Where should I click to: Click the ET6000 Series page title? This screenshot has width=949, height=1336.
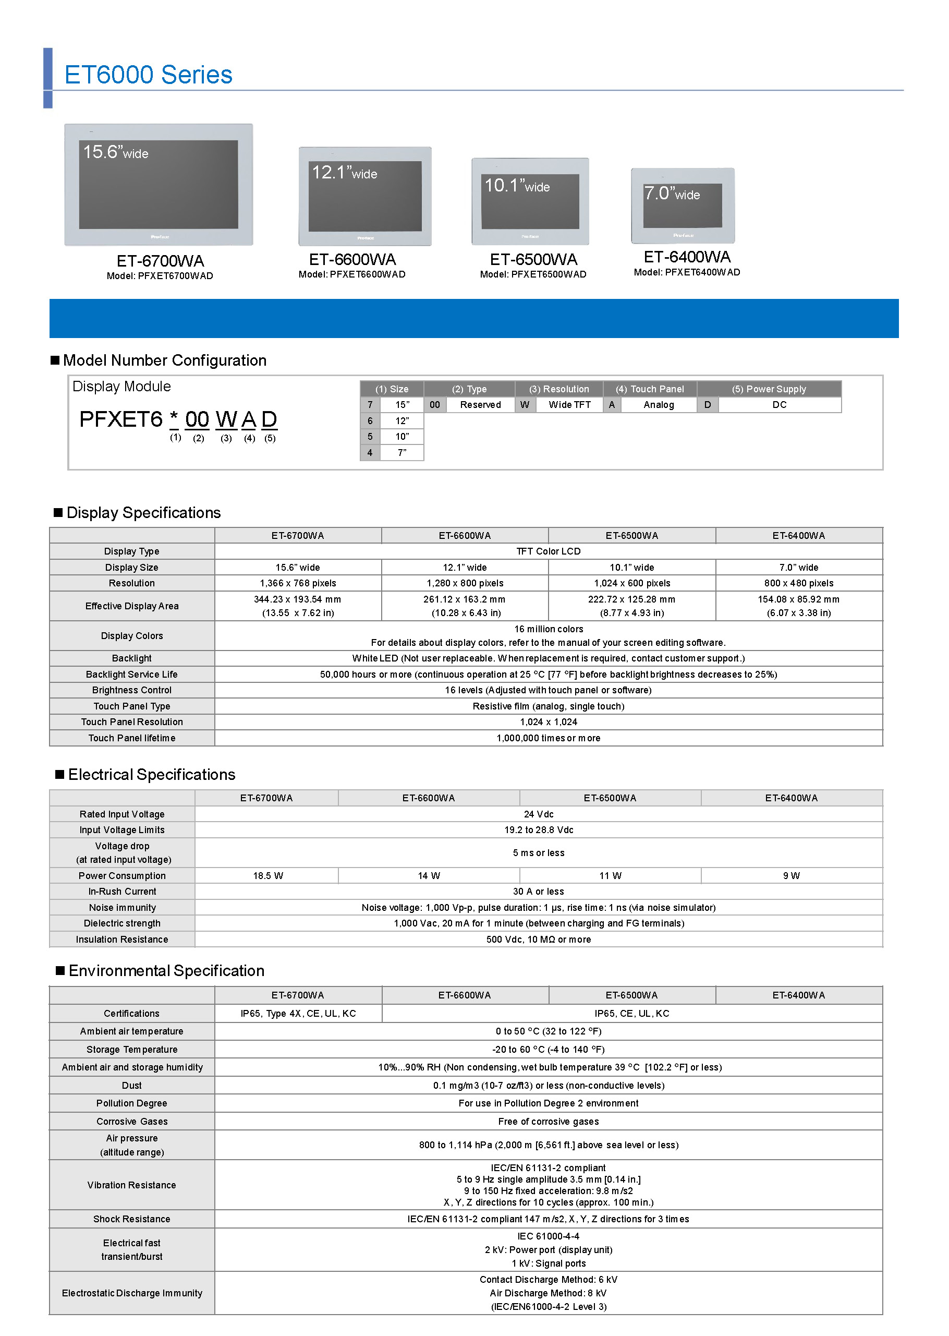click(148, 75)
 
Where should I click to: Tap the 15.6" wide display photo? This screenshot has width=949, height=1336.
click(159, 184)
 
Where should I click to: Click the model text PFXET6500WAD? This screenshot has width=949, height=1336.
click(548, 274)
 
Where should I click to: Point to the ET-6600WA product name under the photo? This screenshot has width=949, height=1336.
click(352, 259)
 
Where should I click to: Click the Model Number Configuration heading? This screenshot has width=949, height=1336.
click(164, 360)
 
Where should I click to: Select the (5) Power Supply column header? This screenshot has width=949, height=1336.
click(769, 389)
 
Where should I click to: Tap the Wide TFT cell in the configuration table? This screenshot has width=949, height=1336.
click(569, 405)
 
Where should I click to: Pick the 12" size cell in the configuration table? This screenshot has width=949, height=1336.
click(402, 420)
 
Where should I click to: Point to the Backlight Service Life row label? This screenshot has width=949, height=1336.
click(131, 674)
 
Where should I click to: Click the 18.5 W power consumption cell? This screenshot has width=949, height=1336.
click(267, 875)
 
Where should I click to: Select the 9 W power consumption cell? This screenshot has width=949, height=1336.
click(791, 875)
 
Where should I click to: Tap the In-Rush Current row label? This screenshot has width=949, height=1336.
click(122, 891)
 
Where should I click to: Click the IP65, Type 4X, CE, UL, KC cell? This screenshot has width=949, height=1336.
click(298, 1013)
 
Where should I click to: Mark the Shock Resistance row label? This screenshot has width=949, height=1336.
click(131, 1219)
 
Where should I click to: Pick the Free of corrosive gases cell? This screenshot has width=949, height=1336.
click(548, 1121)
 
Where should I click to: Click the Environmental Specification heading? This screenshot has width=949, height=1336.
click(166, 971)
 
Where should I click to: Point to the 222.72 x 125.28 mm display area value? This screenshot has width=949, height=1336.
click(631, 599)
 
